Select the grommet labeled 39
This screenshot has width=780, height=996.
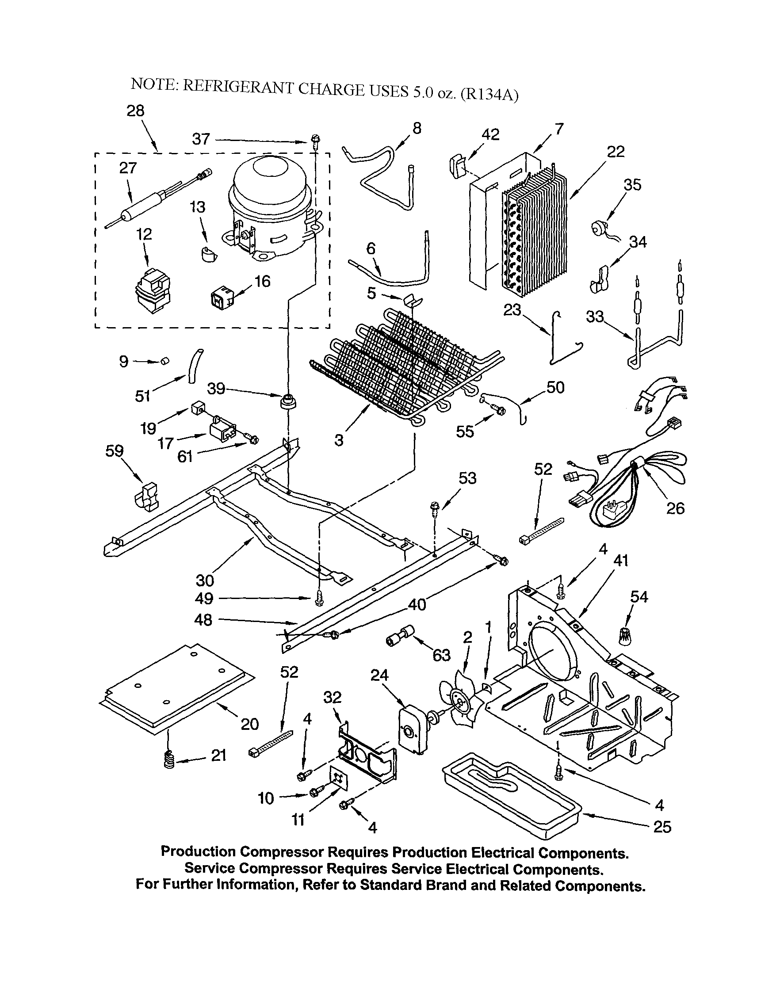click(x=287, y=402)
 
